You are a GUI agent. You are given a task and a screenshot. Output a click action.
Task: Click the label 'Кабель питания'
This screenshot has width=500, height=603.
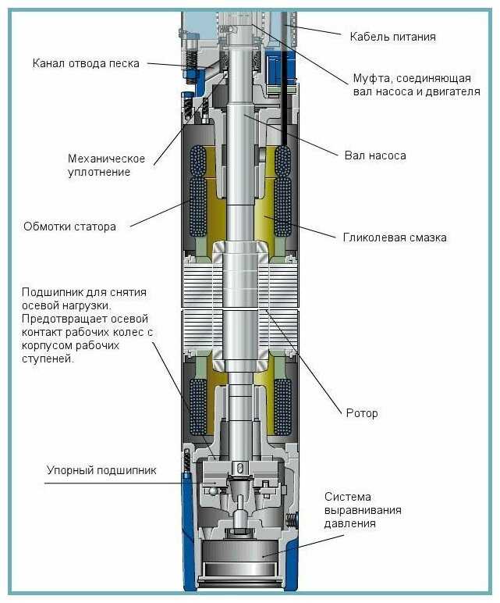(392, 37)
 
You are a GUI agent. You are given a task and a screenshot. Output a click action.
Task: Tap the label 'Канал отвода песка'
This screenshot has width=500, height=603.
(86, 63)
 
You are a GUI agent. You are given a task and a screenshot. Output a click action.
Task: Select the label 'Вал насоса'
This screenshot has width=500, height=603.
(375, 155)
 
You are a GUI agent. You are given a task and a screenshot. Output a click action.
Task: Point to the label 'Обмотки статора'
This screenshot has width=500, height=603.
(69, 227)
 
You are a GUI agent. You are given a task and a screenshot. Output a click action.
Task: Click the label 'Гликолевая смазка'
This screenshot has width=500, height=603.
(395, 237)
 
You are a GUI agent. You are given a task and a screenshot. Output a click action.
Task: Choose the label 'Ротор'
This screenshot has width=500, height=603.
(362, 413)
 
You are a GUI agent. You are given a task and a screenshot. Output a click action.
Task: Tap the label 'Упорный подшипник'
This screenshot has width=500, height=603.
(101, 470)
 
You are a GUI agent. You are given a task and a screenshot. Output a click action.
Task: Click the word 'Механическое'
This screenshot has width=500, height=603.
(106, 159)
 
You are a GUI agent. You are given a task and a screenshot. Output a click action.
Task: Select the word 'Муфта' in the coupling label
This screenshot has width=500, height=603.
(372, 78)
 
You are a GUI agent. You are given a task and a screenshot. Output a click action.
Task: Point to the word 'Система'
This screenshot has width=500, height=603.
(348, 497)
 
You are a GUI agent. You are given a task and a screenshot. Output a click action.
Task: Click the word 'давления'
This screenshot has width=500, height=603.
(350, 523)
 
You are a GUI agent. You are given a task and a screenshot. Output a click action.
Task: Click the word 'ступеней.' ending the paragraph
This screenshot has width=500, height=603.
(48, 359)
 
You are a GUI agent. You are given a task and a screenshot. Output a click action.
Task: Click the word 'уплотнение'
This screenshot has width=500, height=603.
(99, 172)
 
